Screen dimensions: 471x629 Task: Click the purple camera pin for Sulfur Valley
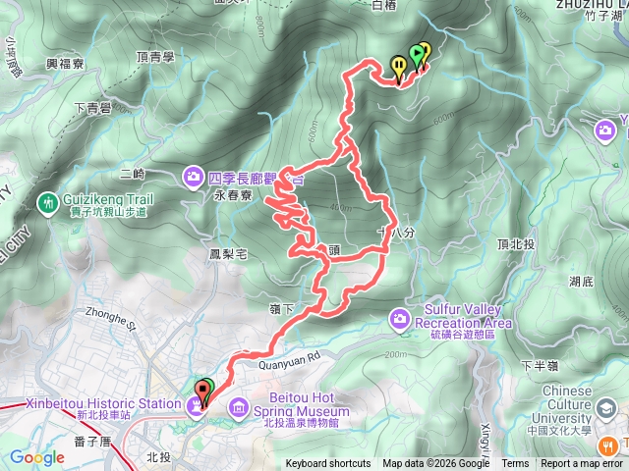(399, 316)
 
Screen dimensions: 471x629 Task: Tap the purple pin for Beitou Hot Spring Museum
(239, 406)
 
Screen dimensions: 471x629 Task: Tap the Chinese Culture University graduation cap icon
(609, 406)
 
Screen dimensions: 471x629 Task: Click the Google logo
(36, 457)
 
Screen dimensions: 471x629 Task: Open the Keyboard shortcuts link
(328, 464)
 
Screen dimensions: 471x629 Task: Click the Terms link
(515, 464)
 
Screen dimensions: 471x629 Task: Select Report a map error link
(582, 464)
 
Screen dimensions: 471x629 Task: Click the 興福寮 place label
(66, 63)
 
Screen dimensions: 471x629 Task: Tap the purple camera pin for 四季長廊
(193, 178)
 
